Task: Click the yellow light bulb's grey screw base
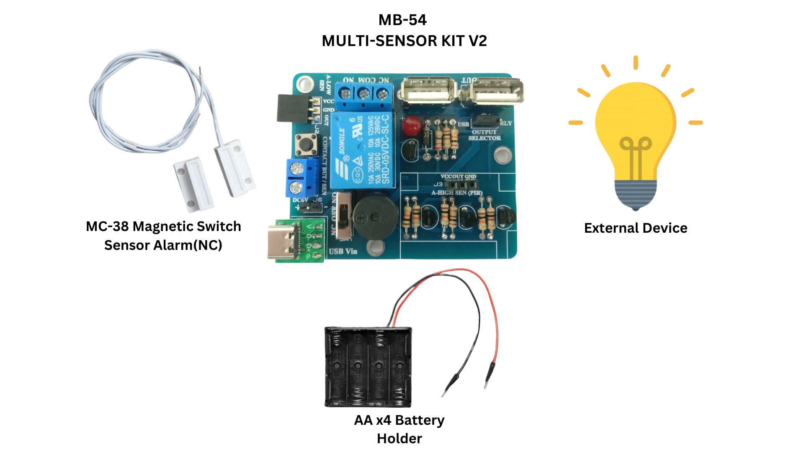click(x=635, y=194)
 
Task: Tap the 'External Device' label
click(x=635, y=228)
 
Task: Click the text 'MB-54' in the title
click(x=402, y=20)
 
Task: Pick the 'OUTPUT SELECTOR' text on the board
click(x=484, y=135)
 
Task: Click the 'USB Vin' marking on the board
click(x=343, y=252)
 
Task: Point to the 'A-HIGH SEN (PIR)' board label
click(x=457, y=193)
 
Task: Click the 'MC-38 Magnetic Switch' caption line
click(x=163, y=226)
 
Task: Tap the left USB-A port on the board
click(x=427, y=90)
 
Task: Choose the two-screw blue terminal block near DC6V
click(x=301, y=177)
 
